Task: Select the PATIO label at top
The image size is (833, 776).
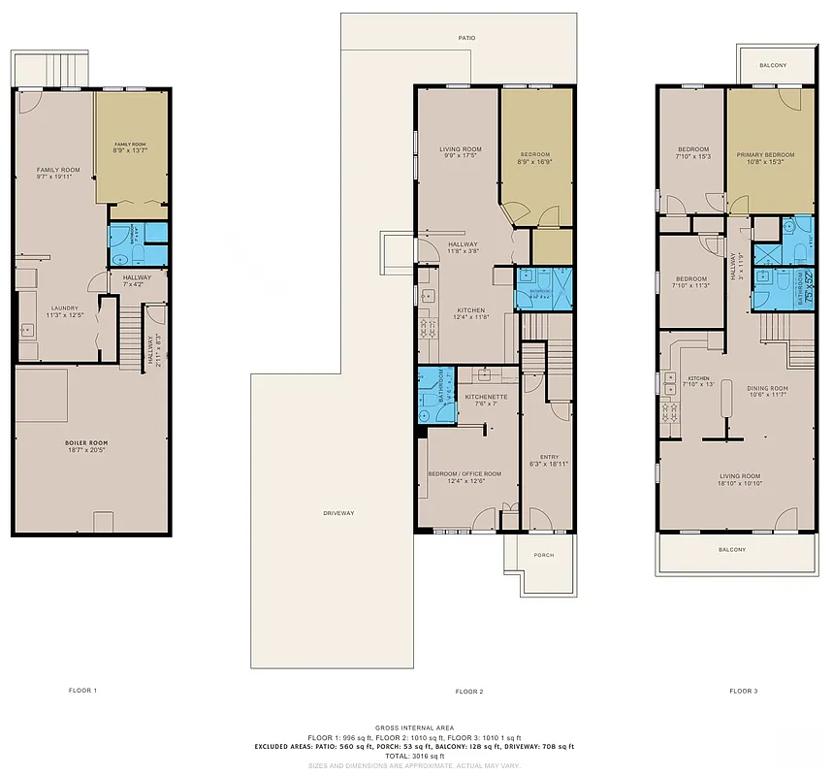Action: click(467, 38)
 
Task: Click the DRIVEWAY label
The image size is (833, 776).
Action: click(338, 512)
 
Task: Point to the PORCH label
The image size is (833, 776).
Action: click(544, 556)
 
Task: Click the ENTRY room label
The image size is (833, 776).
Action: click(549, 457)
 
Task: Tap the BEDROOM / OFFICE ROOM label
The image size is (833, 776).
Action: click(465, 473)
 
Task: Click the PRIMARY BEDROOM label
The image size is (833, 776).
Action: click(764, 155)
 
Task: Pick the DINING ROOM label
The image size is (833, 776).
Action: click(766, 388)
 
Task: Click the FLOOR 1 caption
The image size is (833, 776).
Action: click(82, 691)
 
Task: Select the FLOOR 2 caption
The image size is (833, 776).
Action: click(468, 692)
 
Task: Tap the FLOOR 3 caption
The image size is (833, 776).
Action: click(744, 692)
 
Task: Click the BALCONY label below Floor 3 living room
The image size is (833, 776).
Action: click(732, 550)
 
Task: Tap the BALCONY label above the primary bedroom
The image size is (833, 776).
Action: click(773, 65)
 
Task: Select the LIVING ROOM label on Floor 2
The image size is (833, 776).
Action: click(454, 148)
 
